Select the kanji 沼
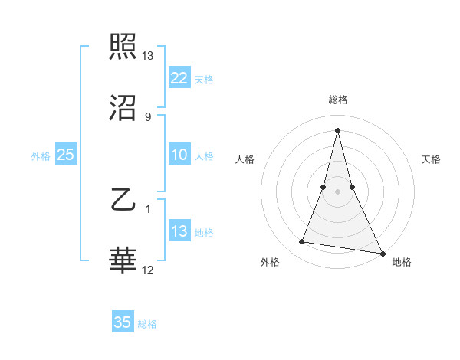[123, 109]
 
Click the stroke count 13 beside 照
[148, 56]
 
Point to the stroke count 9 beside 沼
[148, 116]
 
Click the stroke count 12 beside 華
[148, 270]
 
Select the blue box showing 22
[179, 78]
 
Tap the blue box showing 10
[179, 155]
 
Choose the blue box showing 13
[179, 231]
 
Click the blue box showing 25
[65, 155]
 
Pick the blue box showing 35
[123, 322]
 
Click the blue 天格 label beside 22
[204, 80]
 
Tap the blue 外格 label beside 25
[41, 156]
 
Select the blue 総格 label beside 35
[147, 324]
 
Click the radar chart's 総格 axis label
[337, 100]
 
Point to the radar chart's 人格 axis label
[245, 159]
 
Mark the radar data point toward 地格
[382, 252]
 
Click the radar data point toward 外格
[302, 242]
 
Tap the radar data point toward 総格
[337, 129]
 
